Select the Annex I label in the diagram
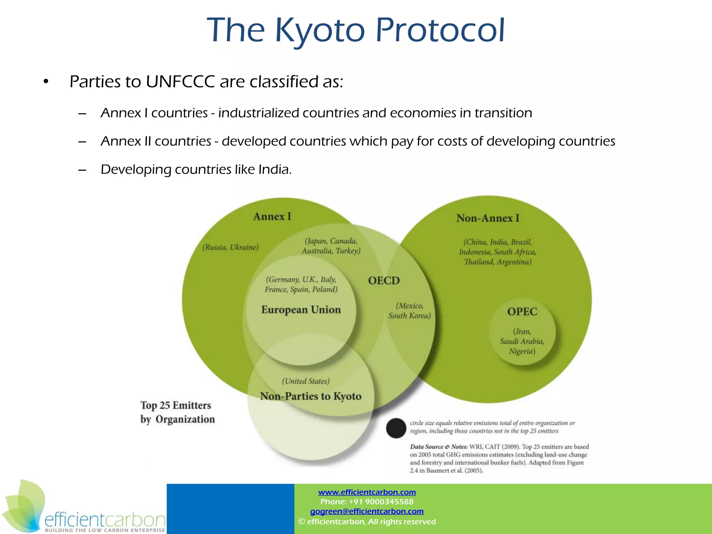click(x=272, y=217)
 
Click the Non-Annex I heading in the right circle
click(x=487, y=218)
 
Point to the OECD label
click(x=384, y=281)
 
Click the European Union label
click(x=301, y=310)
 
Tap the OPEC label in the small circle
click(x=522, y=311)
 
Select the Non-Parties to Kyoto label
click(x=310, y=396)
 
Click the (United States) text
click(x=306, y=381)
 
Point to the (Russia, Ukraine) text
click(x=230, y=248)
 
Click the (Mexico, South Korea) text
click(x=410, y=311)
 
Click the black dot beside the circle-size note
click(x=396, y=428)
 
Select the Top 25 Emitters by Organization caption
click(x=177, y=412)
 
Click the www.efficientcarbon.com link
click(x=367, y=492)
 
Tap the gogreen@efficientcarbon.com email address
click(x=367, y=511)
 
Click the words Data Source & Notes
click(x=438, y=447)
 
